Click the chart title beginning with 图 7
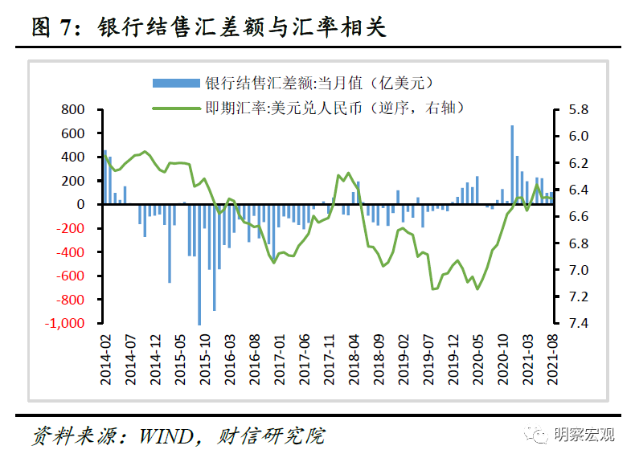209,27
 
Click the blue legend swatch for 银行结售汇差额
176,82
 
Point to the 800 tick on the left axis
73,109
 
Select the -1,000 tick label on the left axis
67,323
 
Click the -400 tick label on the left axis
70,252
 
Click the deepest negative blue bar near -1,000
199,264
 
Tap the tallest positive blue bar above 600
512,165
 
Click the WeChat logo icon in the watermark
535,435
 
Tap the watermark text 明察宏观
584,435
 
